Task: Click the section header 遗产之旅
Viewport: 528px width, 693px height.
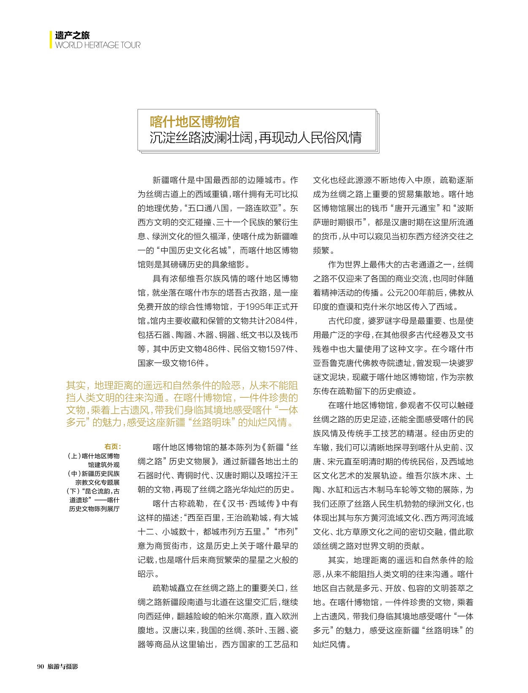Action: [x=72, y=35]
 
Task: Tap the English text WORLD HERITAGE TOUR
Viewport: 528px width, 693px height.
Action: [x=97, y=45]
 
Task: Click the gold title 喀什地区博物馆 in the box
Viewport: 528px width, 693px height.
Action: [x=194, y=122]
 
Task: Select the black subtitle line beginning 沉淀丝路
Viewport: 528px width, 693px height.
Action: [x=256, y=138]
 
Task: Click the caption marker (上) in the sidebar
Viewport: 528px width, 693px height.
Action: [x=74, y=456]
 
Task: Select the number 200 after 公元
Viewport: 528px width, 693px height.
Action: [x=411, y=293]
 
